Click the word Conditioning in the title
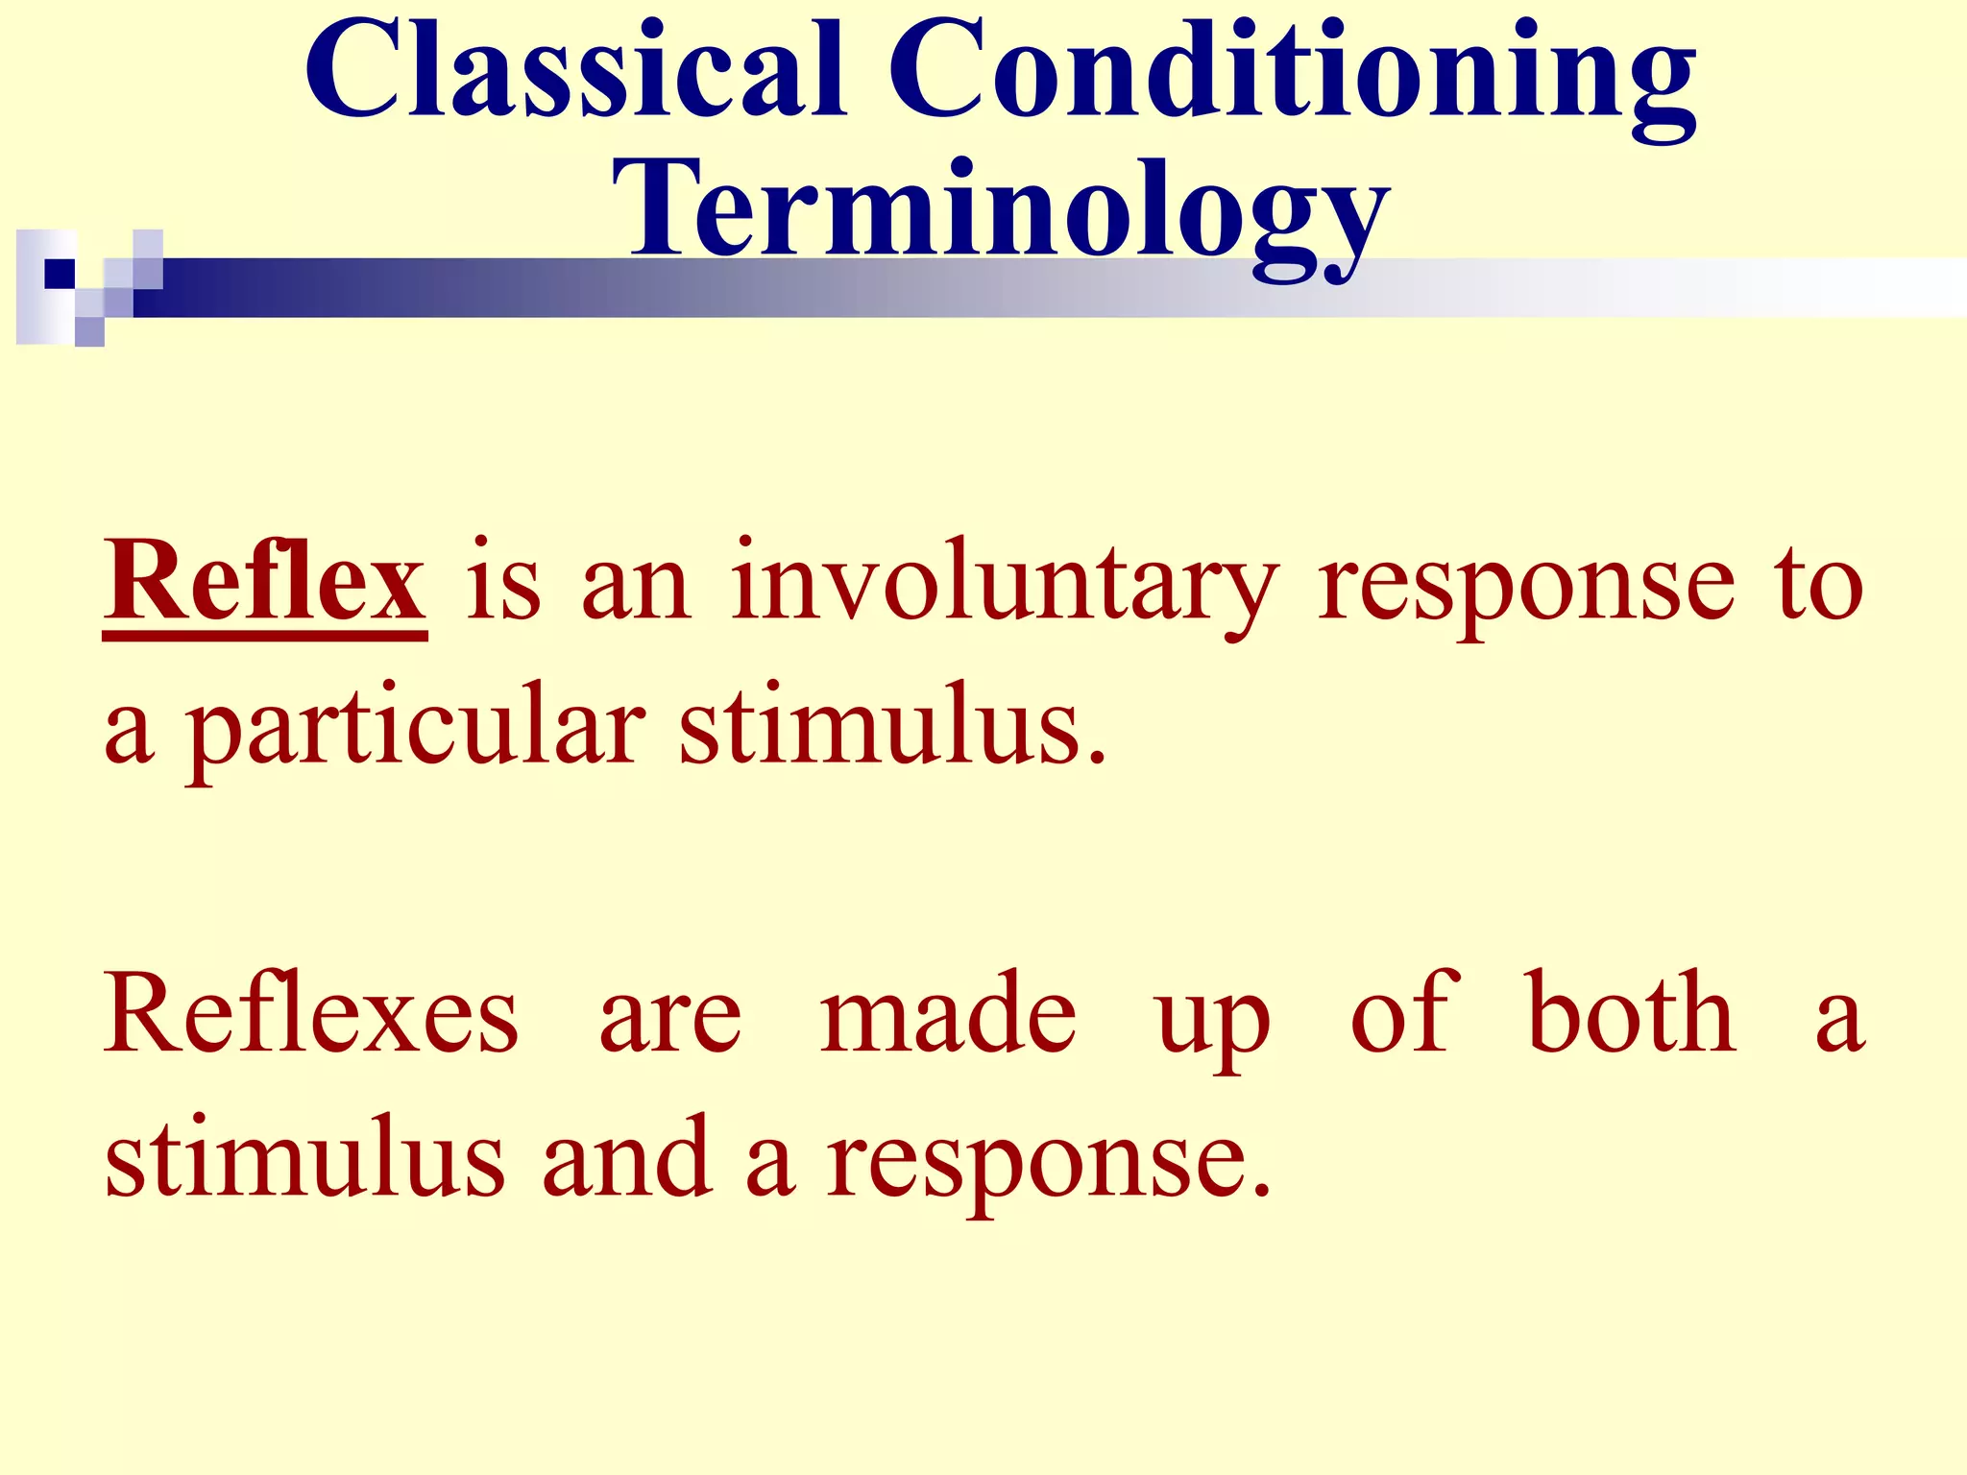(x=1290, y=77)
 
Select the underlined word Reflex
(x=265, y=582)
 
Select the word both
(x=1631, y=1013)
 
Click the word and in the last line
(x=627, y=1159)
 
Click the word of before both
(x=1404, y=1013)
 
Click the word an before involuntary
(x=636, y=591)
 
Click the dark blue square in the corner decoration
(x=60, y=274)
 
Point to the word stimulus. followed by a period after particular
(x=893, y=728)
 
